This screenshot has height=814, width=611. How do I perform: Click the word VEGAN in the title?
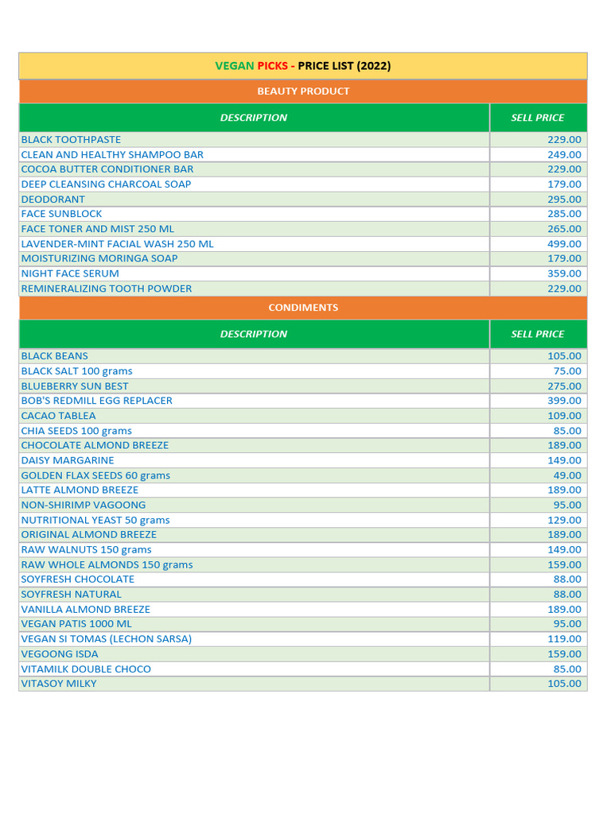click(x=235, y=66)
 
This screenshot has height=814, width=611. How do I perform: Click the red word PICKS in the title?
click(x=273, y=66)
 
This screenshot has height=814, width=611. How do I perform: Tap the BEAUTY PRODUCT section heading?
click(x=303, y=91)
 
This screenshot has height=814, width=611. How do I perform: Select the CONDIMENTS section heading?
click(x=303, y=308)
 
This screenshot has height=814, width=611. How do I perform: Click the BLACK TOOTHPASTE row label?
click(x=71, y=140)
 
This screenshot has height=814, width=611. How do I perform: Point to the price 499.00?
click(x=564, y=244)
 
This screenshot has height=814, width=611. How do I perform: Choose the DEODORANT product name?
click(x=53, y=200)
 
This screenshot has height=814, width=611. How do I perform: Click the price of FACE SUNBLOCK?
click(x=564, y=214)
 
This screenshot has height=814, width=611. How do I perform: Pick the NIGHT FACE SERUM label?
click(x=70, y=273)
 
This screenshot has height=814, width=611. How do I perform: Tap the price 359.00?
click(x=564, y=273)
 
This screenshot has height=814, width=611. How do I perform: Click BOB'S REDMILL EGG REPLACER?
click(x=96, y=401)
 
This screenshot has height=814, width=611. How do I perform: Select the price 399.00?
click(x=564, y=401)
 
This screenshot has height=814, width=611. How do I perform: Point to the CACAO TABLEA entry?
click(x=58, y=416)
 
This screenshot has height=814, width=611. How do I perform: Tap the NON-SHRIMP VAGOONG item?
click(x=84, y=505)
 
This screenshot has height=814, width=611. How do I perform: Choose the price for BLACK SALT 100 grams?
click(x=567, y=371)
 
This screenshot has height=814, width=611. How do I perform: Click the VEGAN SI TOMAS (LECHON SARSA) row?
click(x=106, y=639)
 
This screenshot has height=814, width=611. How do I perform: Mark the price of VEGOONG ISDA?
click(x=564, y=654)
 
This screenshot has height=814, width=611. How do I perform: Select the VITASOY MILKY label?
click(x=59, y=684)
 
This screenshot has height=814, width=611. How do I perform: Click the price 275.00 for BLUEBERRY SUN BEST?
click(x=564, y=386)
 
